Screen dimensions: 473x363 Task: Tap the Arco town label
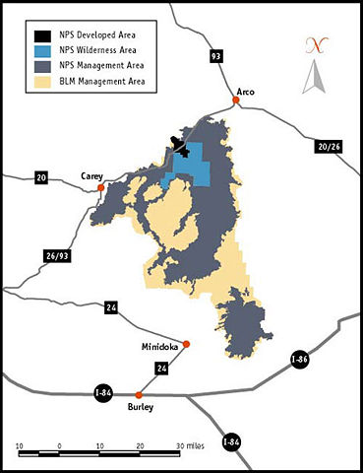coord(246,91)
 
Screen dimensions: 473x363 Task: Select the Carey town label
coord(91,174)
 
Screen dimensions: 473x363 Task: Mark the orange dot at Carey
coord(100,186)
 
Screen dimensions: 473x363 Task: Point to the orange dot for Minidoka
coord(187,344)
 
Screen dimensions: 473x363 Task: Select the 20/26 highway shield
coord(328,146)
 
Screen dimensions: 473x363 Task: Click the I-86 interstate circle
coord(297,358)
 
